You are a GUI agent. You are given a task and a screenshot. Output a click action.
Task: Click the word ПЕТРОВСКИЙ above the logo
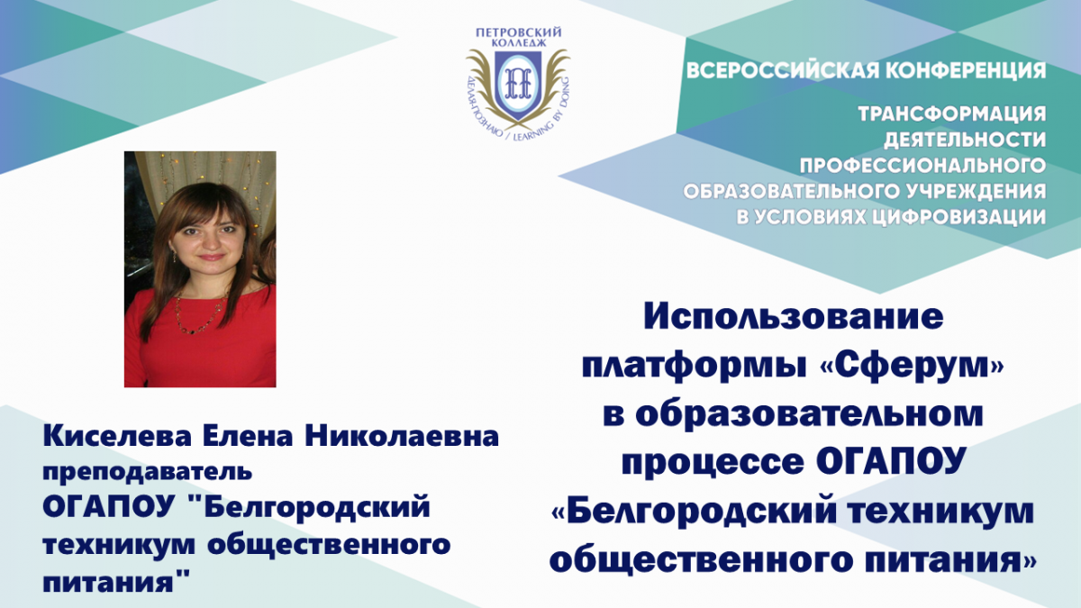tap(518, 32)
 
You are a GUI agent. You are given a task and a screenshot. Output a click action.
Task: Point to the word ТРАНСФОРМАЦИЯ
tap(951, 113)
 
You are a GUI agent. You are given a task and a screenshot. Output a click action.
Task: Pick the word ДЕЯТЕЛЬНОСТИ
tap(965, 140)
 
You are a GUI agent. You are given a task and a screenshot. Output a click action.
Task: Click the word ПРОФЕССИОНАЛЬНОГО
tap(922, 166)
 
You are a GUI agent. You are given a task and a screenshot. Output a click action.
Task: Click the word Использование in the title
tap(794, 316)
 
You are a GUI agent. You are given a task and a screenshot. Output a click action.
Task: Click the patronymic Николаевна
tap(402, 436)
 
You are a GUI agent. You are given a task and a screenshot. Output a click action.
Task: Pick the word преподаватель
tap(148, 472)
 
